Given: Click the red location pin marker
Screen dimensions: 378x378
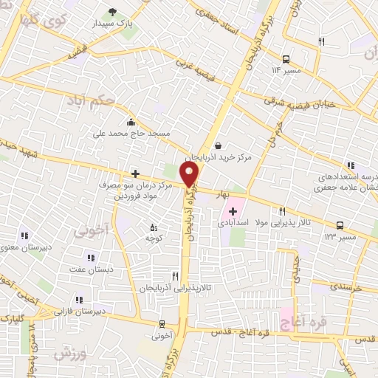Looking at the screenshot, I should (190, 173).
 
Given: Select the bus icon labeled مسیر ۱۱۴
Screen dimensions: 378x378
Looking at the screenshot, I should (286, 58).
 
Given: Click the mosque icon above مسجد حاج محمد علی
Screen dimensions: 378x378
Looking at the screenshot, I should (131, 121).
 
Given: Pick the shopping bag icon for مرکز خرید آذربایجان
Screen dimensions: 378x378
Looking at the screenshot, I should (219, 145).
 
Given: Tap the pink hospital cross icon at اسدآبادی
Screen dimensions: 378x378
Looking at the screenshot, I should (233, 211).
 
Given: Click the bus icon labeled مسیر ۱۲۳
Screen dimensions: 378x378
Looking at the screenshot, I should (340, 225).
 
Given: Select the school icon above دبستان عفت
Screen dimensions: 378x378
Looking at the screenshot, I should (91, 258).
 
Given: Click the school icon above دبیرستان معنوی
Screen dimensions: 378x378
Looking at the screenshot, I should (24, 236).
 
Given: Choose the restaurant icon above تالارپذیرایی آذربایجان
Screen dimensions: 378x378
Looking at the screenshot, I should (175, 275).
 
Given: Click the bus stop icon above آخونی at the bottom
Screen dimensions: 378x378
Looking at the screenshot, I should (162, 323).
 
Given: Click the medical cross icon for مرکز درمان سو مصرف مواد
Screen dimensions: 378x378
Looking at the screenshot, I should (135, 173).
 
